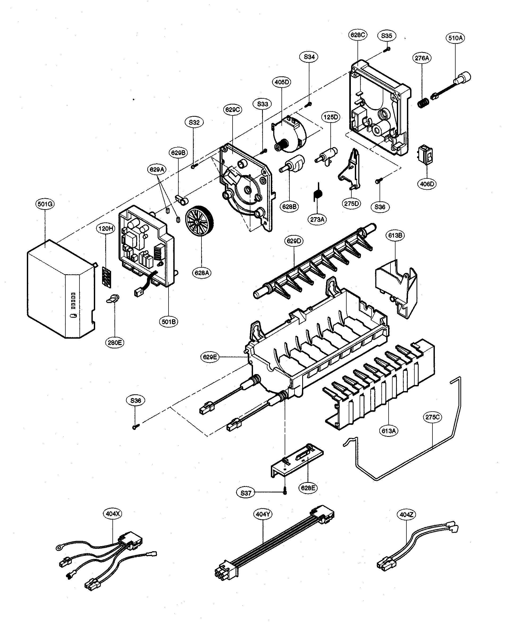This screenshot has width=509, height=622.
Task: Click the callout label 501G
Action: (45, 204)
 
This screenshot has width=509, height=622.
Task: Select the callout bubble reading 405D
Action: (282, 82)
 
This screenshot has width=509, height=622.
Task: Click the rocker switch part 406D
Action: (425, 154)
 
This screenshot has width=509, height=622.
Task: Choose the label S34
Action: (309, 57)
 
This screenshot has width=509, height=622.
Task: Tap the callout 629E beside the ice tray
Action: (210, 357)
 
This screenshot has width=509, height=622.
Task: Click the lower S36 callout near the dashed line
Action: (136, 400)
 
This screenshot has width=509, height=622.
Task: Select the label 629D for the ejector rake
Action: (294, 241)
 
